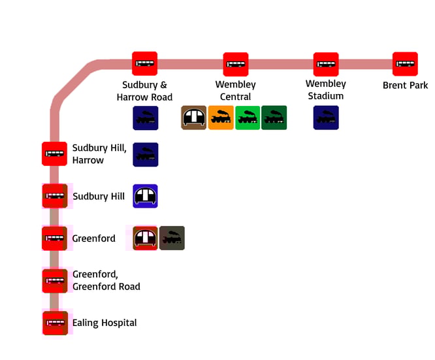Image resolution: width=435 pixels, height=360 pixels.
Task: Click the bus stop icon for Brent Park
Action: (x=406, y=64)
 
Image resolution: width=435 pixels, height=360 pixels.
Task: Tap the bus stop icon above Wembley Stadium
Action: (x=326, y=64)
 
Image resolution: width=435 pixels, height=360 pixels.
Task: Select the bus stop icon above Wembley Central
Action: (x=236, y=64)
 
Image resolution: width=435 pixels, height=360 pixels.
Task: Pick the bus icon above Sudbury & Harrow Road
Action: (x=145, y=64)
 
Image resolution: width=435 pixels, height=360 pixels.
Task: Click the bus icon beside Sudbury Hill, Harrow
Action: (x=54, y=154)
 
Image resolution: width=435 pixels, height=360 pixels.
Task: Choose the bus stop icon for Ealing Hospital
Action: (x=54, y=323)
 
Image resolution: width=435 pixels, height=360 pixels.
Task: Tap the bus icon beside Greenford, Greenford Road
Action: (x=54, y=280)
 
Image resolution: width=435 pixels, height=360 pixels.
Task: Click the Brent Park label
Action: (x=406, y=86)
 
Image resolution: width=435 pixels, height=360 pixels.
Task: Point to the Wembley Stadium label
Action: (x=326, y=90)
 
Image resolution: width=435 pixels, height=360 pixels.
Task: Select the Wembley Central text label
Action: (x=236, y=91)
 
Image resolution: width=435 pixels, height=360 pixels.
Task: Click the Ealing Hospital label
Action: (x=105, y=323)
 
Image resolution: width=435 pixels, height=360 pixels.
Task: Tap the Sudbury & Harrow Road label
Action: (x=145, y=91)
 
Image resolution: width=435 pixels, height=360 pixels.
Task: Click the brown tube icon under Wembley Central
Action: (x=194, y=118)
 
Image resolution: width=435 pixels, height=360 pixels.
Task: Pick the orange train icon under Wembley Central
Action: (x=221, y=118)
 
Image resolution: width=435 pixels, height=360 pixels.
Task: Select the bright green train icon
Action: (x=248, y=118)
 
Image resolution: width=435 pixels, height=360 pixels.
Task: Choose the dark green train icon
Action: (x=274, y=118)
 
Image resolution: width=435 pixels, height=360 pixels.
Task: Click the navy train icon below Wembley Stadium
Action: (x=326, y=118)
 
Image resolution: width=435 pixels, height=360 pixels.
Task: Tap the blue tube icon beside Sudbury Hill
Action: (x=145, y=196)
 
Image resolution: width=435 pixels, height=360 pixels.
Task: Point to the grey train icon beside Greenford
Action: (x=172, y=238)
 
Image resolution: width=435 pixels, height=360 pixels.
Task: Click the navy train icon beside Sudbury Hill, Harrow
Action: (x=145, y=155)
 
